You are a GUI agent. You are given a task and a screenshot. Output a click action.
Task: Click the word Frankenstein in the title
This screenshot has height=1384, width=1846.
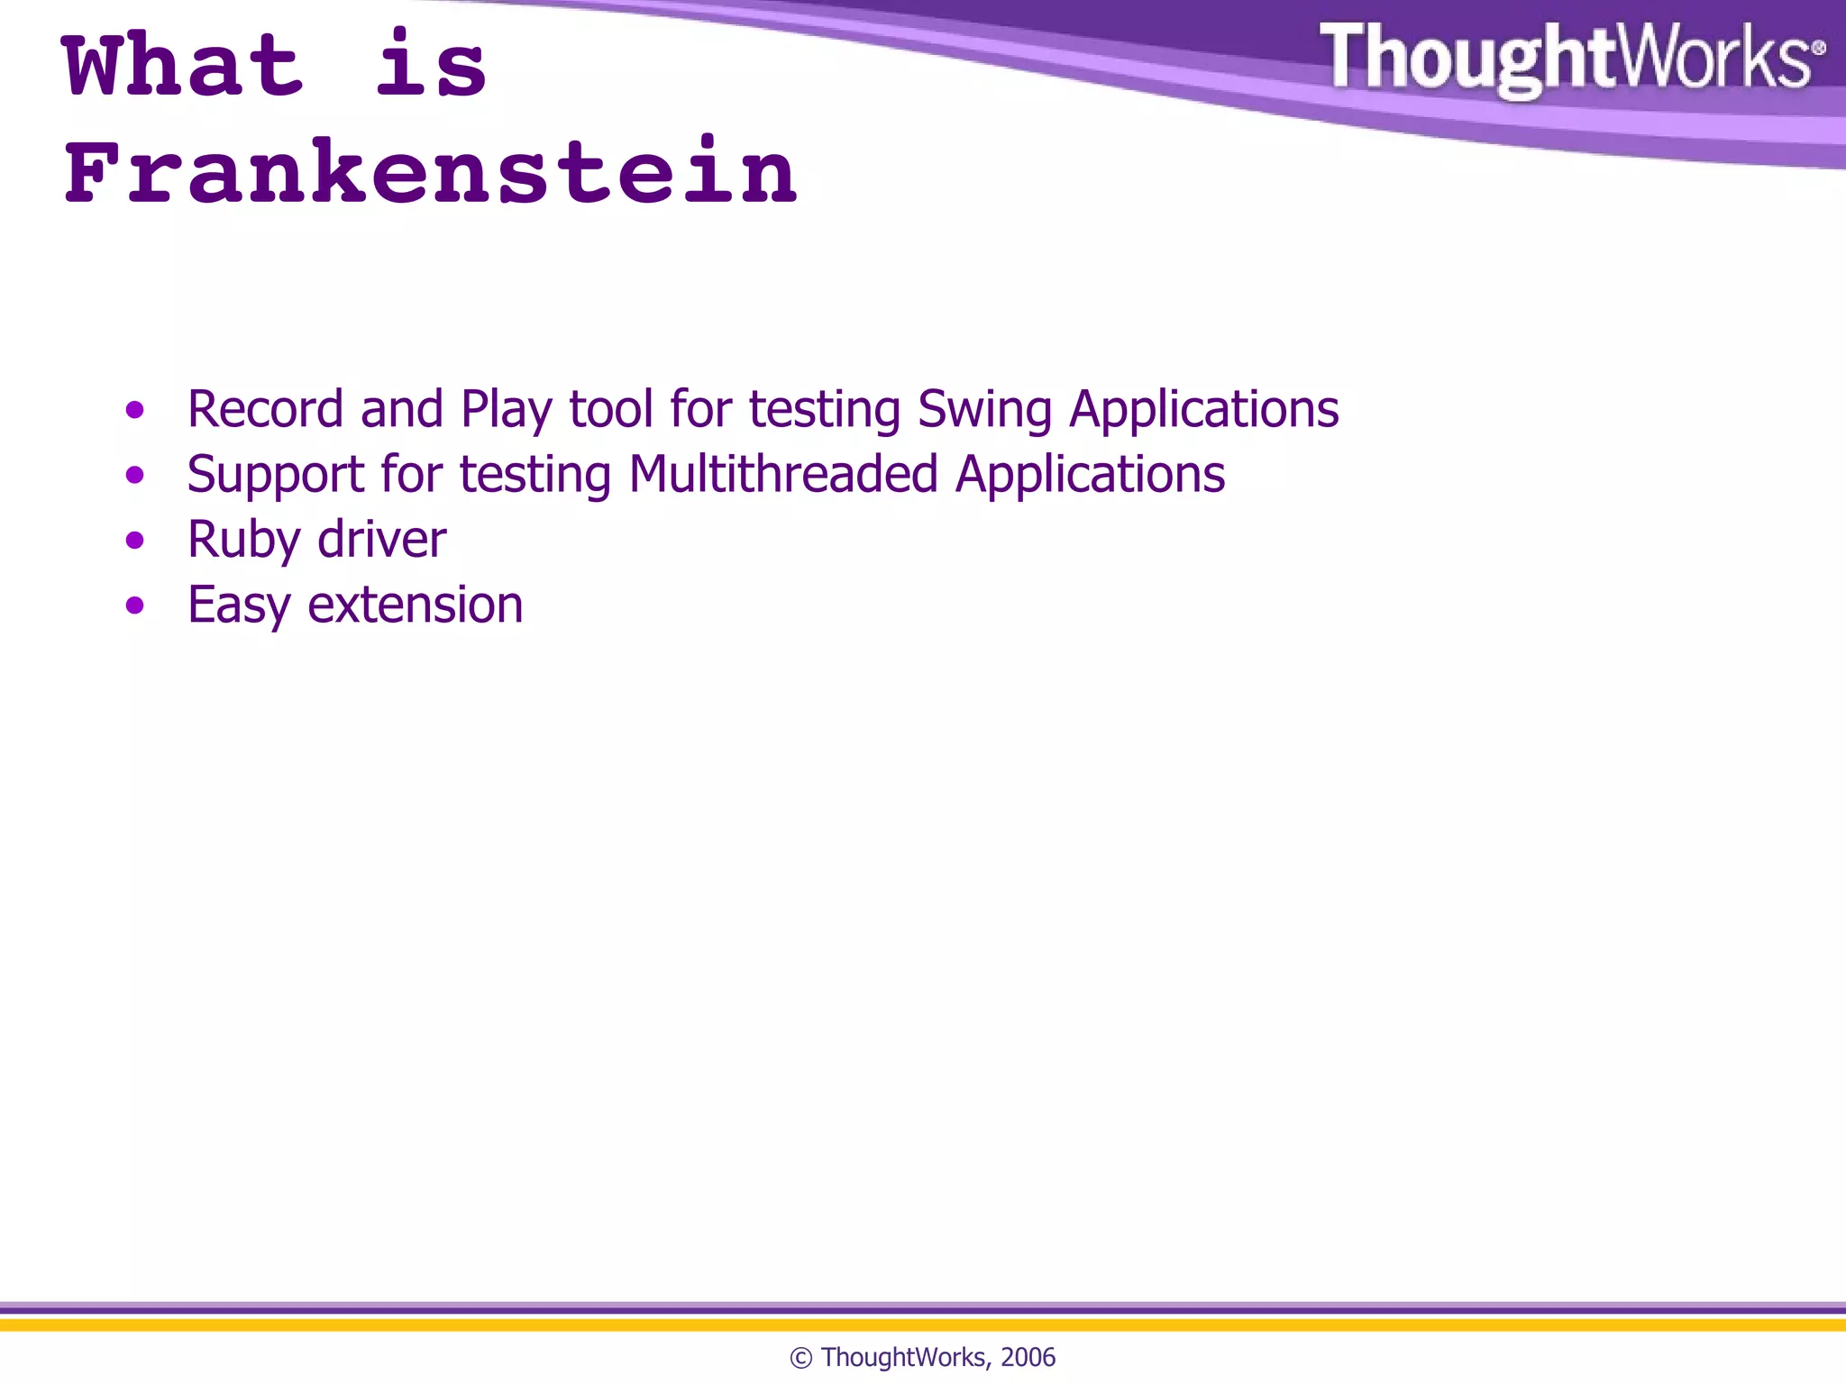[431, 172]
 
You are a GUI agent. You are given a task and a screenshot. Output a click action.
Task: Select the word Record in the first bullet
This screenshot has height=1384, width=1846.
[265, 409]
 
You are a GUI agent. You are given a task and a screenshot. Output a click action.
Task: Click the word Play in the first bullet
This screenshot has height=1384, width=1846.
[506, 411]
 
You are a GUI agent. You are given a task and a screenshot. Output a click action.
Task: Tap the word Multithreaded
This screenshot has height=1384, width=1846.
[783, 474]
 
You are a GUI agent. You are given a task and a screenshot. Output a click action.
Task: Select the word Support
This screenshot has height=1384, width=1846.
[275, 476]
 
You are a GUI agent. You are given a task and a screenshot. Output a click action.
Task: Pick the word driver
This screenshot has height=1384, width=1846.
[382, 539]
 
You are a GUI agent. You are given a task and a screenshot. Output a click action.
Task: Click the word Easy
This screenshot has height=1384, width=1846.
[239, 605]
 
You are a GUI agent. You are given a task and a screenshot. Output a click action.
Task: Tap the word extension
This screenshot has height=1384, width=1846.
[416, 605]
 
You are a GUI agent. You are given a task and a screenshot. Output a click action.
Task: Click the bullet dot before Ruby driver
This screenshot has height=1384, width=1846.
[135, 541]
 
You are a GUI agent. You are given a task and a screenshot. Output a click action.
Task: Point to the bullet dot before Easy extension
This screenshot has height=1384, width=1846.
[135, 605]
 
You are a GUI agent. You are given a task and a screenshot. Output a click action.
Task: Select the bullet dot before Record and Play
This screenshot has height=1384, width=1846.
[135, 411]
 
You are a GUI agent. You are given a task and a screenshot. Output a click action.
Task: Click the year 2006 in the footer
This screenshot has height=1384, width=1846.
[1028, 1357]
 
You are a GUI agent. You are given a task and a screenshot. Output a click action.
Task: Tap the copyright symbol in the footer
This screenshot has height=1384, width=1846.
[800, 1358]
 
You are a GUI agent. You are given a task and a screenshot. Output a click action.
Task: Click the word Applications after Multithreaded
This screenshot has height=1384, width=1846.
[1090, 476]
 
